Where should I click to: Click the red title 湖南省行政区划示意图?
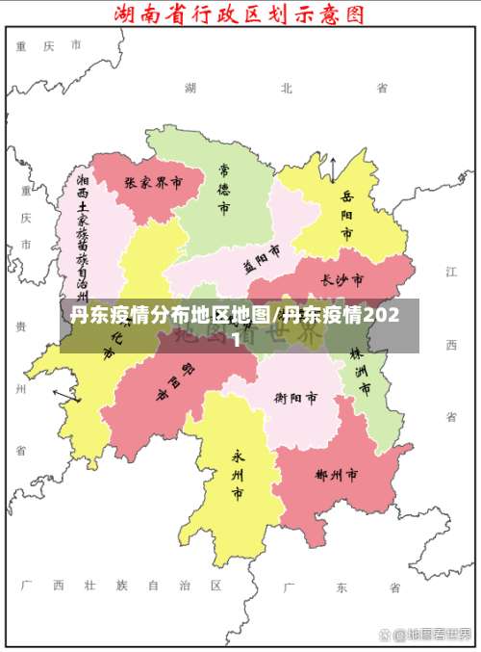coord(240,15)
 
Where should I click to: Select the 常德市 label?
coord(223,189)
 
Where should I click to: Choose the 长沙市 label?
coord(342,280)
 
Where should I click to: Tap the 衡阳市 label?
coord(296,397)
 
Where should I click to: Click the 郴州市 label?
coord(337,475)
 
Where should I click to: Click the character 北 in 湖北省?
coord(286,88)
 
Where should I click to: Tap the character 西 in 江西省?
coord(450,344)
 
